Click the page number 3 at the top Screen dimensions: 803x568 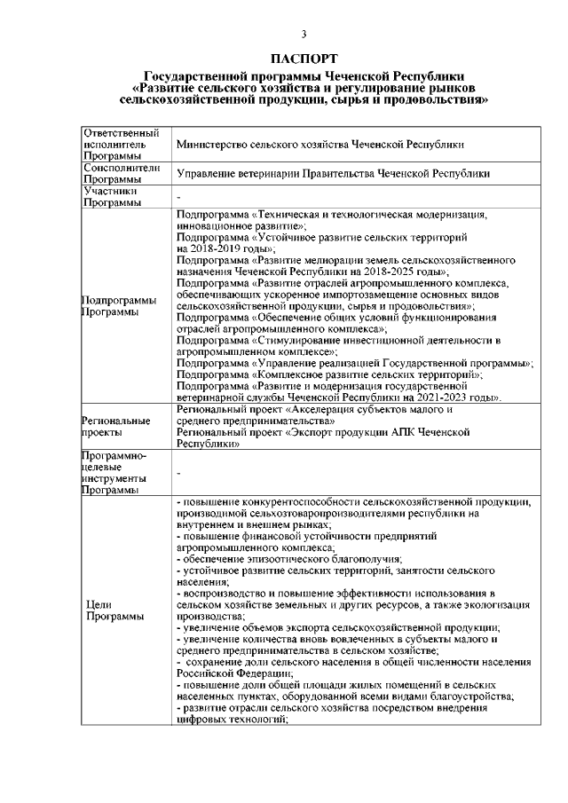(x=304, y=35)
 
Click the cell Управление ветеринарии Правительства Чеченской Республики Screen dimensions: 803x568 (x=333, y=174)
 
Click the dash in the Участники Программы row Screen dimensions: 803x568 (x=179, y=198)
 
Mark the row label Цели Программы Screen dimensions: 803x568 (x=109, y=610)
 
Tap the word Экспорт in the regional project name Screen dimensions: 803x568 (x=315, y=431)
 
